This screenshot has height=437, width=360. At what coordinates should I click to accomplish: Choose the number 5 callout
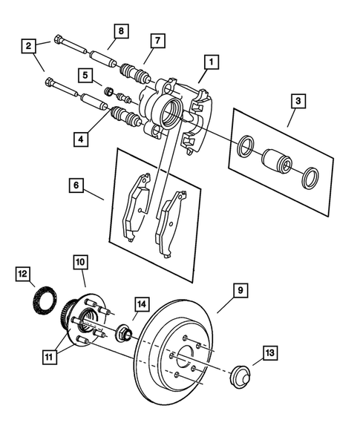point(87,75)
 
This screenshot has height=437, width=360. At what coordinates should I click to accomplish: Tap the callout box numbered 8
point(120,30)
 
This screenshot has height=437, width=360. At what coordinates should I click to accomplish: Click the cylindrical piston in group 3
point(275,162)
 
